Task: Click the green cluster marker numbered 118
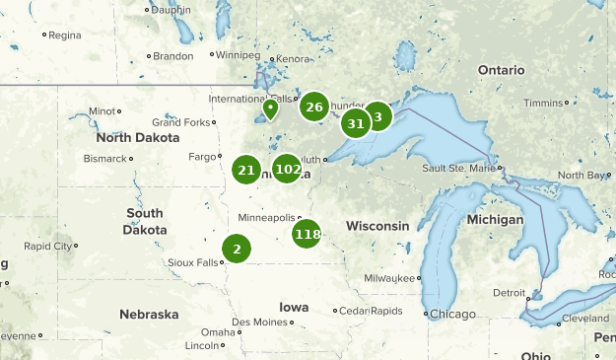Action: coord(308,234)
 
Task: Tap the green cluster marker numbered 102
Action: coord(287,169)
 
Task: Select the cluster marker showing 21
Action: coord(246,171)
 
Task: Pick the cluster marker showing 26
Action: coord(314,108)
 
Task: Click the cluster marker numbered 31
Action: coord(356,123)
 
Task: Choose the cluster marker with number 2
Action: coord(237,249)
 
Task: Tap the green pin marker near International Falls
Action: coord(270,108)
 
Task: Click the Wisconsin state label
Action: coord(377,226)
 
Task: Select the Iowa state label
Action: coord(294,307)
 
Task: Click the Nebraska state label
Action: coord(149,315)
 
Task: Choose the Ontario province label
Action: coord(502,70)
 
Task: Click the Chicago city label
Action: coord(452,315)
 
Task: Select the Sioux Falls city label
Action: coord(195,263)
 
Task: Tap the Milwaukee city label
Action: coord(391,278)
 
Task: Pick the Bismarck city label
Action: coord(105,158)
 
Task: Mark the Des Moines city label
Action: coord(259,323)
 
